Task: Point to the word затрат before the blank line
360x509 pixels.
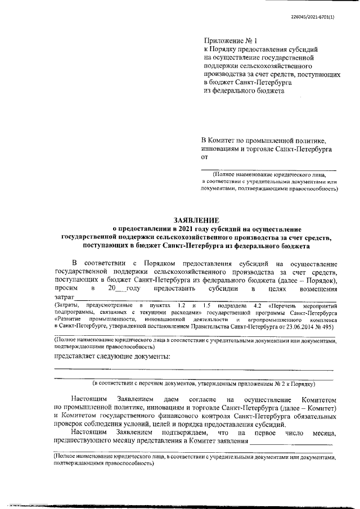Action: [64, 296]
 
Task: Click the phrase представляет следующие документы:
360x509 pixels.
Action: [112, 357]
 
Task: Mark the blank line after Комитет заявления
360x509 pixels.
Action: [291, 443]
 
